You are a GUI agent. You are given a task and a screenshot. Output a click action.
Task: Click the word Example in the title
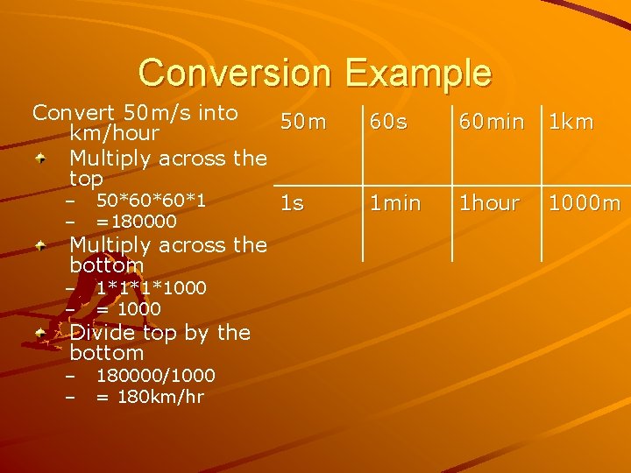tap(418, 74)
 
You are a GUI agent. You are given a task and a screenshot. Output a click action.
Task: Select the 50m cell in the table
tap(303, 123)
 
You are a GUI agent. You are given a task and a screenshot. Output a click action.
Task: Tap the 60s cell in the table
tap(387, 123)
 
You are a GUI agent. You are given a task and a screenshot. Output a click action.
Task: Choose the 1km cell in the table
tap(571, 123)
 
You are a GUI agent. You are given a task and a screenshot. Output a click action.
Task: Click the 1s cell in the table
tap(292, 203)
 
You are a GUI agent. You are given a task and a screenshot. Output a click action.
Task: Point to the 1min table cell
tap(394, 203)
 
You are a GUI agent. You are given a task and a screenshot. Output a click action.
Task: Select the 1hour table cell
tap(489, 203)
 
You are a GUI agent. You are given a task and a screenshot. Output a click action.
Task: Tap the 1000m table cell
tap(585, 203)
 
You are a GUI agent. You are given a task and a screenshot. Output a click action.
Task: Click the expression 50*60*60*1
tap(151, 201)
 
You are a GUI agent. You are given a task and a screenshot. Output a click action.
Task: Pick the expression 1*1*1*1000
tap(151, 288)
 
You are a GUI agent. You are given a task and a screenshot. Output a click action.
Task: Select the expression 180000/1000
tap(155, 376)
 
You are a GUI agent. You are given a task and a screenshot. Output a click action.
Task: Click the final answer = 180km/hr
tap(150, 397)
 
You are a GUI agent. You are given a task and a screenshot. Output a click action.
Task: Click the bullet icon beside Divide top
tap(40, 334)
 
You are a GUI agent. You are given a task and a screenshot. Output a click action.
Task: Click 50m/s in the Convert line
tap(160, 113)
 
